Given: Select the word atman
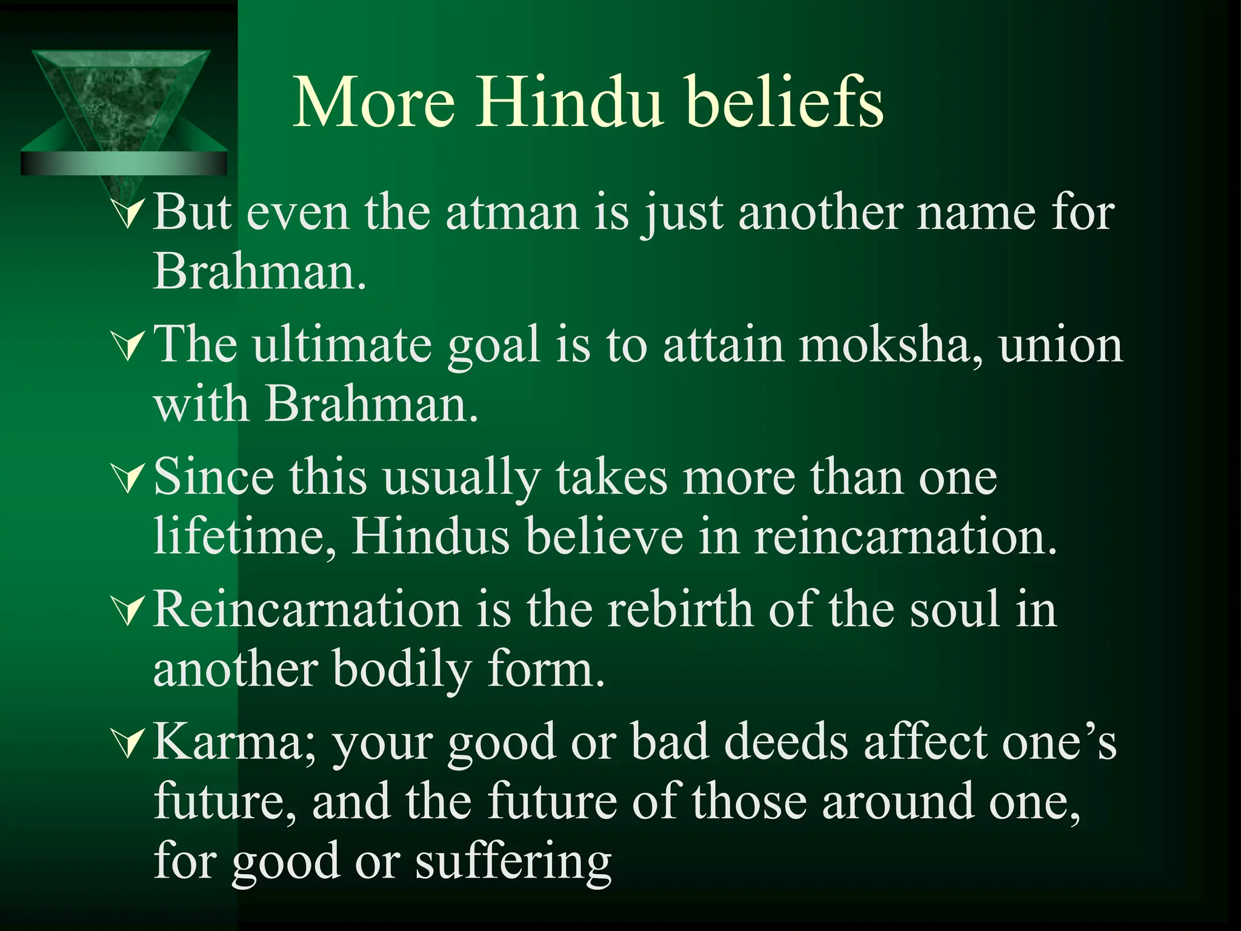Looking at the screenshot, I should point(513,213).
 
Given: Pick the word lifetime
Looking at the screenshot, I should point(245,536).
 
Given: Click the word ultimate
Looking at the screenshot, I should point(342,345).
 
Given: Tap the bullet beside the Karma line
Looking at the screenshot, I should point(129,744).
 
